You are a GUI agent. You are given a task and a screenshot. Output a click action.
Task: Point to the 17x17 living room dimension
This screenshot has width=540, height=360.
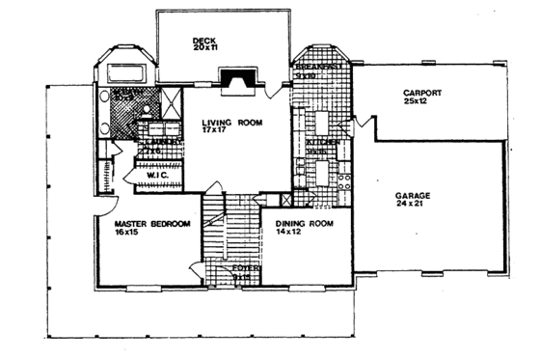click(x=213, y=131)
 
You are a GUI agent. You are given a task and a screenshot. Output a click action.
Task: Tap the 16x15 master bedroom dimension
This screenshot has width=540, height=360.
click(x=126, y=233)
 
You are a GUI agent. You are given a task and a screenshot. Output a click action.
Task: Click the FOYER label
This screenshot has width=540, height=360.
click(x=242, y=267)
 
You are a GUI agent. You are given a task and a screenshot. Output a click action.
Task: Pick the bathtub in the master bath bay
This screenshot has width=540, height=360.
click(x=122, y=72)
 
